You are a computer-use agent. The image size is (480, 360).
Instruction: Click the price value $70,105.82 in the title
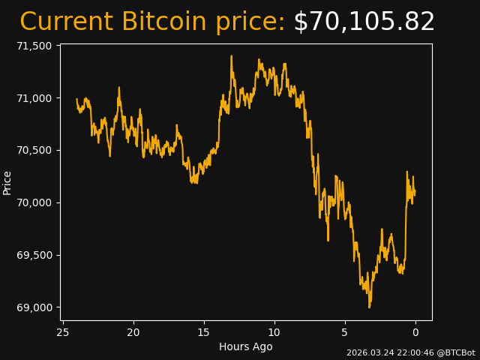(364, 22)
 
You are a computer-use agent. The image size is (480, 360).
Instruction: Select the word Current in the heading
(67, 22)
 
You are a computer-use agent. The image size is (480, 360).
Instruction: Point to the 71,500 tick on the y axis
(34, 46)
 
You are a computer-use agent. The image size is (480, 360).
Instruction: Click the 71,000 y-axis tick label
(34, 98)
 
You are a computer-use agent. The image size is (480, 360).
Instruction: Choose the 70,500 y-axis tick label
(34, 151)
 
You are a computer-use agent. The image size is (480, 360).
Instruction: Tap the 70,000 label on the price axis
(34, 203)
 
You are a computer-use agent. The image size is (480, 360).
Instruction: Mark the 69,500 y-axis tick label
(34, 256)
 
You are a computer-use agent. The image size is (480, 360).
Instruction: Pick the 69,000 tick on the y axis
(34, 307)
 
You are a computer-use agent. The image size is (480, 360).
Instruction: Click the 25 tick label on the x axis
(63, 332)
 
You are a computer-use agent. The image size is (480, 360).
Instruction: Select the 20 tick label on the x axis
(133, 332)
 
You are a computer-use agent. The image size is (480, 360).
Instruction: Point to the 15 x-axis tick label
(204, 332)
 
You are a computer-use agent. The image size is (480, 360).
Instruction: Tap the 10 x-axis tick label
(274, 332)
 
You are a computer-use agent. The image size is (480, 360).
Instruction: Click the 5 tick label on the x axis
(345, 332)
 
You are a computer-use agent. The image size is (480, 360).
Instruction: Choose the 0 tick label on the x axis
(415, 332)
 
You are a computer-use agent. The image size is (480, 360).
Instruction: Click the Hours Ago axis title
(246, 346)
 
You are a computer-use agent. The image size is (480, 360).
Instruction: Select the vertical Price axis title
(7, 182)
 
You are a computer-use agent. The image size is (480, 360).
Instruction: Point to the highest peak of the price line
(231, 56)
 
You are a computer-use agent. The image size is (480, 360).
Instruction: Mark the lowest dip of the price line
(369, 307)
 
